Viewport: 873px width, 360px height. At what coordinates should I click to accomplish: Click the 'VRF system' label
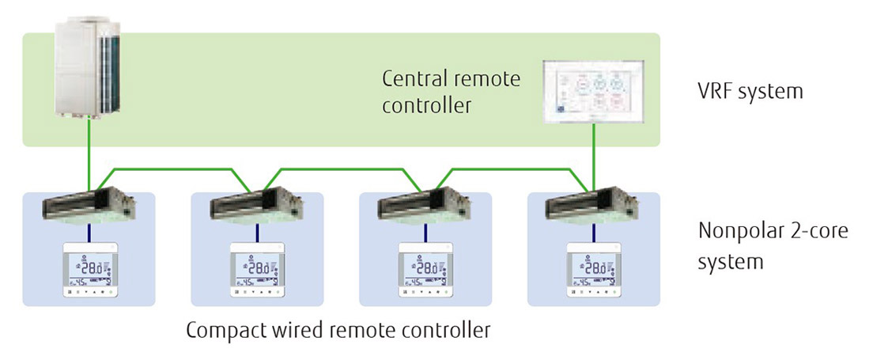tap(750, 91)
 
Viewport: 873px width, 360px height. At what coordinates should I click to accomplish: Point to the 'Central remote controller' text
tap(451, 91)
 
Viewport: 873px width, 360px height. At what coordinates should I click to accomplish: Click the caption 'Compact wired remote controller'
tap(338, 330)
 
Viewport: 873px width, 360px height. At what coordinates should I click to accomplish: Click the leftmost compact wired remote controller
tap(89, 270)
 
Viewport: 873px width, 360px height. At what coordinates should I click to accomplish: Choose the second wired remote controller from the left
tap(258, 270)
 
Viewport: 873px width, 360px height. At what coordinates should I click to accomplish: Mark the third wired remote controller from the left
tap(426, 270)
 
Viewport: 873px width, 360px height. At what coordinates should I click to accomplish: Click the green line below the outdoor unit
tap(89, 154)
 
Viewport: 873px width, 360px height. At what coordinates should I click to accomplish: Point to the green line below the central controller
tap(594, 158)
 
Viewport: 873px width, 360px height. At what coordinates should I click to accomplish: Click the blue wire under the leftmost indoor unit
tap(89, 233)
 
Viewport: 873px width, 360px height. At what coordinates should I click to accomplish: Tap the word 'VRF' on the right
tap(716, 91)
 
